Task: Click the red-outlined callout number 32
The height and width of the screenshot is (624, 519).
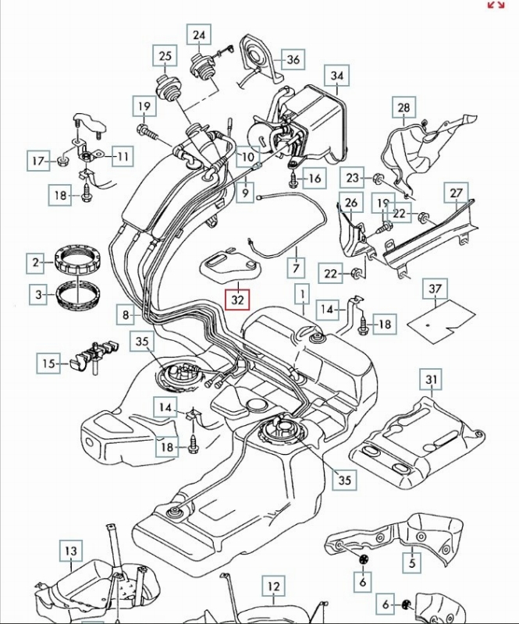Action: (x=237, y=299)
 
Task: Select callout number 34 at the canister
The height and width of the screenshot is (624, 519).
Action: (x=336, y=76)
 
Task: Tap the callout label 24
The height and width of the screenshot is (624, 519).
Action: (x=200, y=36)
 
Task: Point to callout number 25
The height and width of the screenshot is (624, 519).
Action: (x=165, y=57)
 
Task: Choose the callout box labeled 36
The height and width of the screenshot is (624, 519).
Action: (x=293, y=59)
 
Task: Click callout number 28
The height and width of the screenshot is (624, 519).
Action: (x=403, y=107)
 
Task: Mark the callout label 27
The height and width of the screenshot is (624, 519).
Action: (x=457, y=192)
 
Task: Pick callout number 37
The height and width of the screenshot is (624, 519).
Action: (x=435, y=289)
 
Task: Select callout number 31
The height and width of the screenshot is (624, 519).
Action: (x=431, y=381)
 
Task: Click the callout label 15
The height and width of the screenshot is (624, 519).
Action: (x=49, y=363)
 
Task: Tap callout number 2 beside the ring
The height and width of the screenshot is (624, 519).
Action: (x=36, y=263)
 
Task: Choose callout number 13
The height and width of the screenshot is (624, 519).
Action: (x=71, y=551)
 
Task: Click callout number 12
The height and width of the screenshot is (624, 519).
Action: (x=272, y=587)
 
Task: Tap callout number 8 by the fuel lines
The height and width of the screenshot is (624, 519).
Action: (x=126, y=315)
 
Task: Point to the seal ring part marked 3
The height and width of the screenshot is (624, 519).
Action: (x=81, y=295)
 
